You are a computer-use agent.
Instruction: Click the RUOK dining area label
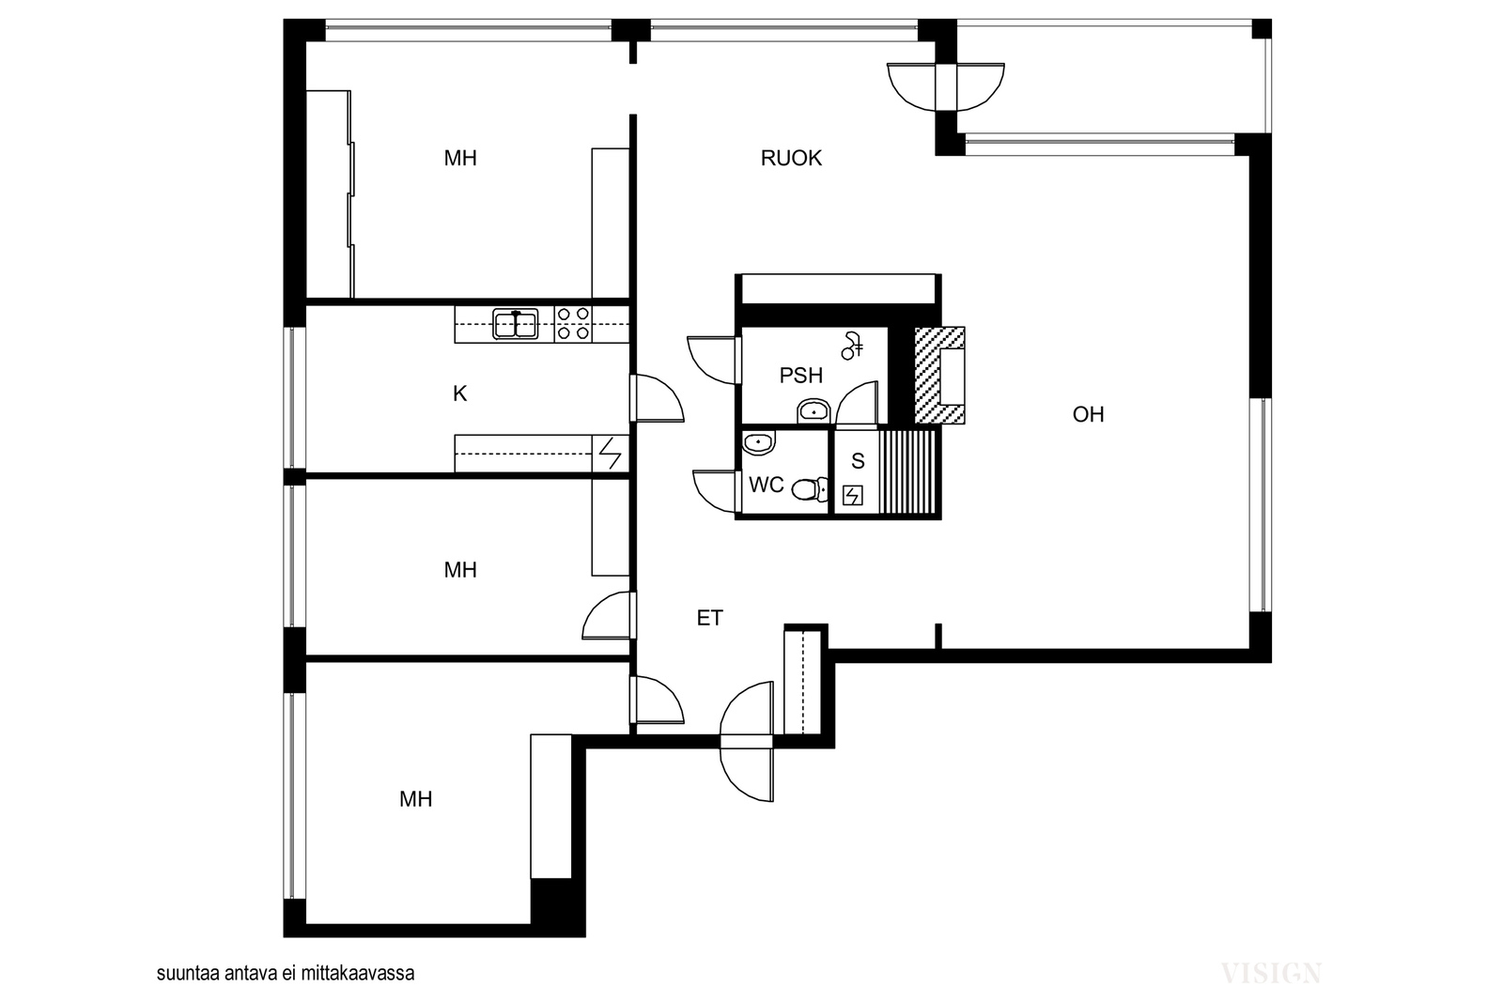(791, 159)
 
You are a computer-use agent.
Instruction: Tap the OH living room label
(1089, 414)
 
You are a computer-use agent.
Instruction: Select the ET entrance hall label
(710, 618)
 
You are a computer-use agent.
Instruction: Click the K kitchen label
(459, 393)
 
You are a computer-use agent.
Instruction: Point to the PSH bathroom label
(801, 376)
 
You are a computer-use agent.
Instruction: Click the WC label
(767, 485)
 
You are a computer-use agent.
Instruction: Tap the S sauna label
(858, 461)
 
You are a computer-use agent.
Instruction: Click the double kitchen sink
(516, 324)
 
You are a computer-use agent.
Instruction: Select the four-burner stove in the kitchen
(573, 324)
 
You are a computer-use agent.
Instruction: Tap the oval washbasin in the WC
(759, 442)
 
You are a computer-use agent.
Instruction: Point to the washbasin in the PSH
(813, 410)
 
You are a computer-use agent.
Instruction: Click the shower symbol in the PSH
(853, 346)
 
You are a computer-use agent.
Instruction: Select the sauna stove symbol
(853, 496)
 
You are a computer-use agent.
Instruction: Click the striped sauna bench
(906, 472)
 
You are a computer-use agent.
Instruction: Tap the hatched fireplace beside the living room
(939, 376)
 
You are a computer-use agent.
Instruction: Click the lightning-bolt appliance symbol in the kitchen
(610, 454)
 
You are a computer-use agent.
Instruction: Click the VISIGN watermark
(1271, 973)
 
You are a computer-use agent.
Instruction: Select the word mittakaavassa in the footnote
(358, 973)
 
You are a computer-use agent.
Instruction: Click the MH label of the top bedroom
(460, 159)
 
